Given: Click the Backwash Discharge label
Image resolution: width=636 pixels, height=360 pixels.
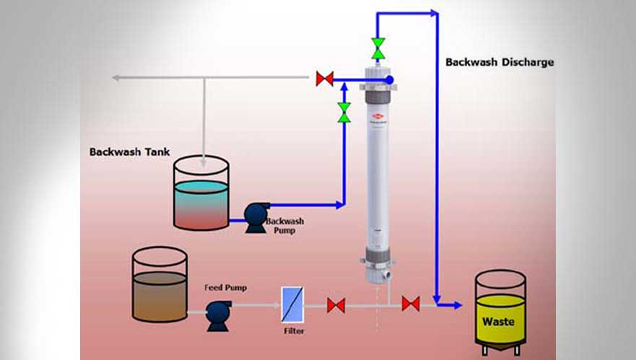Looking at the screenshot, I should pos(499,62).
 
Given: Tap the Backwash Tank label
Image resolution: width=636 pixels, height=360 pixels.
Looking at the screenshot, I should pos(129,152).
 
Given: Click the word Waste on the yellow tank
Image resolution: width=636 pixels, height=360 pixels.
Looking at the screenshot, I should pos(498,321).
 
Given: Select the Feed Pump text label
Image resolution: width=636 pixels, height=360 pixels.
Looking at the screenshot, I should pos(225,287).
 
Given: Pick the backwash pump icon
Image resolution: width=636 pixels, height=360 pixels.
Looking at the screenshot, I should pos(254,215).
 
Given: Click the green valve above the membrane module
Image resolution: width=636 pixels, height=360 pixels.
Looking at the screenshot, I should pos(378,48).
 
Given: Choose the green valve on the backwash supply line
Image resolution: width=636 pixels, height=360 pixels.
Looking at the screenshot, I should pos(344,112).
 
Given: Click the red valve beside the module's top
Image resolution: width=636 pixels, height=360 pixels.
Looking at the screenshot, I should pos(325,79).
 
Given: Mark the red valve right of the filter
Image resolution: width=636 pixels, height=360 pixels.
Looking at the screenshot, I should pos(336,305).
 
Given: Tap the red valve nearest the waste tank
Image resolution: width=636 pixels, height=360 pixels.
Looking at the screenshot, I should pos(411,304).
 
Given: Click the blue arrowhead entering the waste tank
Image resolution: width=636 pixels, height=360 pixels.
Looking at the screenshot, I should pos(456,305).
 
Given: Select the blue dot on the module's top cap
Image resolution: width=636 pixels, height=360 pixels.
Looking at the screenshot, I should pos(389,79).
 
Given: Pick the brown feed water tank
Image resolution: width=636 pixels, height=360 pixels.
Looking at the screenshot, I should pos(160,286).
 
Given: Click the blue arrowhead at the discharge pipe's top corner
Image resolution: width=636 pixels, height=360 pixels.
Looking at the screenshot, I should pos(435,12).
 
